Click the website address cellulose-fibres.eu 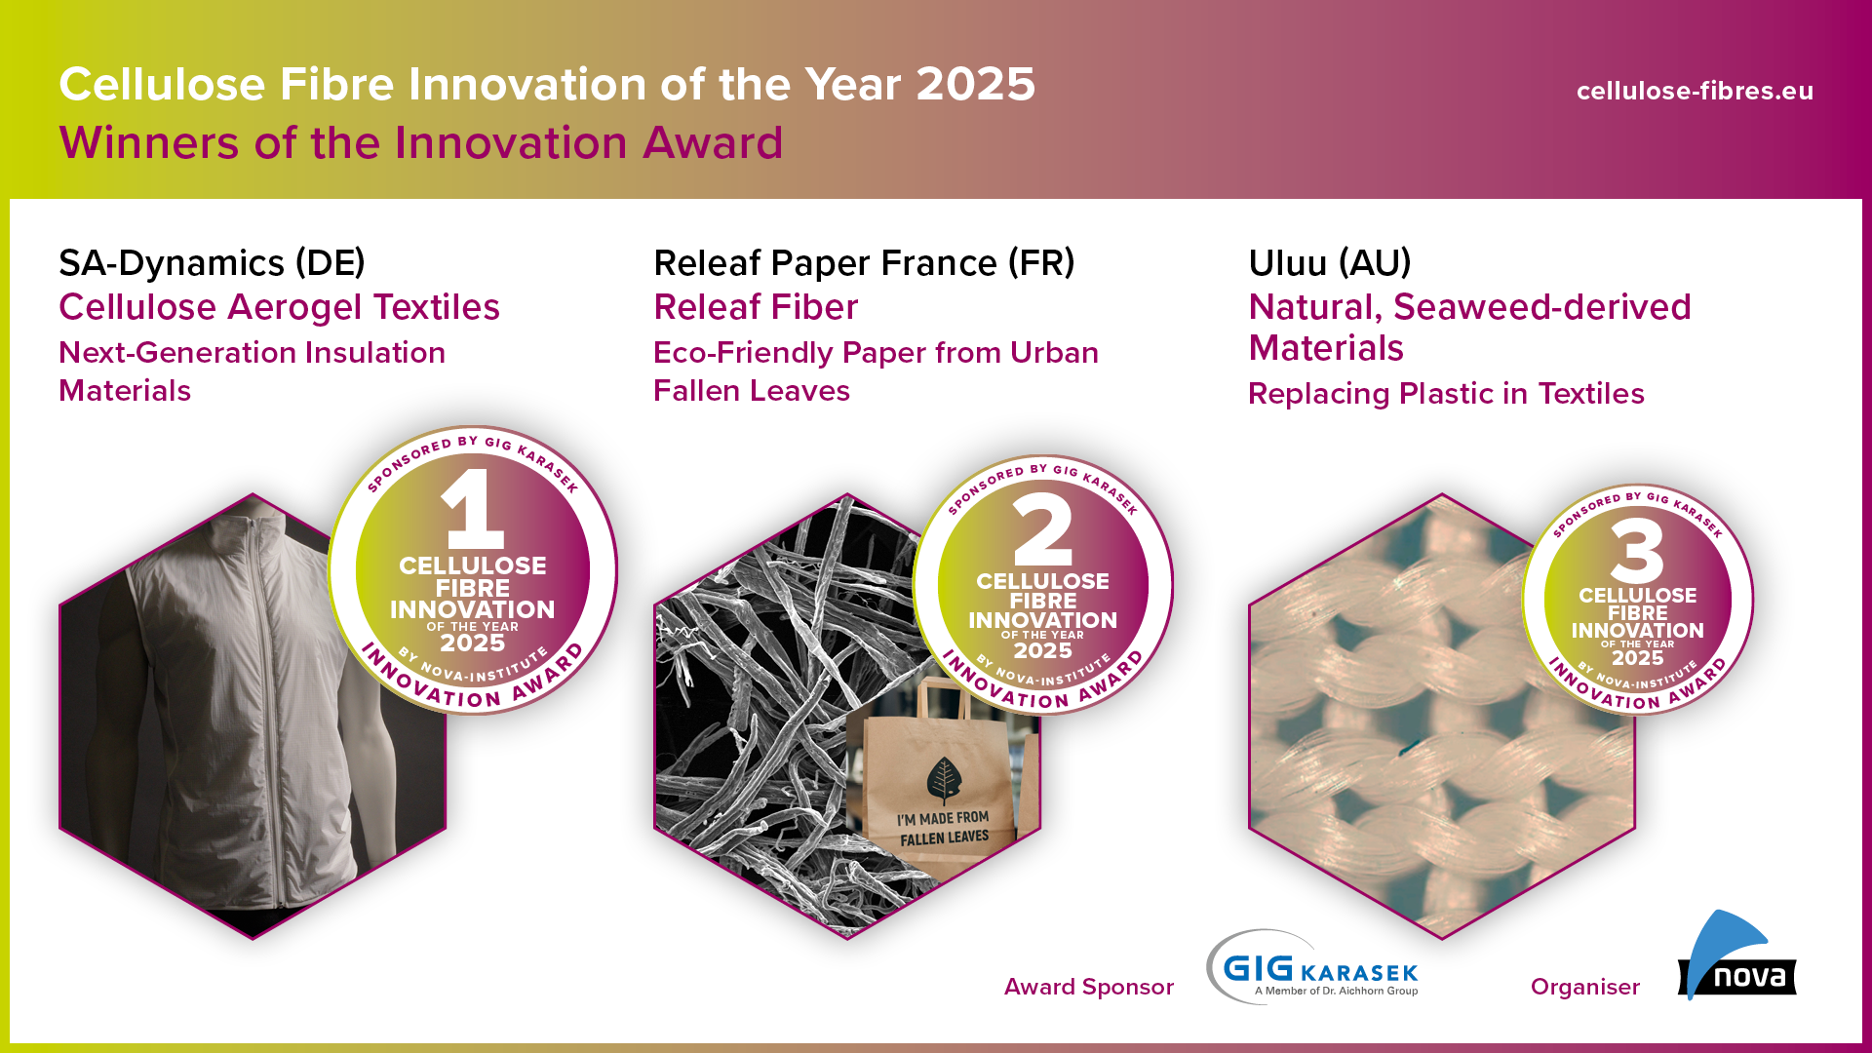1695,91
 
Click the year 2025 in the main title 976,84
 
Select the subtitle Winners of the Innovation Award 421,142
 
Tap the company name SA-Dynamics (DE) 212,262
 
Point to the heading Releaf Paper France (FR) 864,262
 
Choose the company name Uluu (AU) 1330,262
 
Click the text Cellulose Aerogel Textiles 279,307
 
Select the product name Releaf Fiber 756,307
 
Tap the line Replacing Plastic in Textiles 1446,393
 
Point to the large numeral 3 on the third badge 1637,551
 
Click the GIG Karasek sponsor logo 1312,966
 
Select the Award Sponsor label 1089,987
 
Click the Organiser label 1585,987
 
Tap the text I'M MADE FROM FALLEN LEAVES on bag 944,829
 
